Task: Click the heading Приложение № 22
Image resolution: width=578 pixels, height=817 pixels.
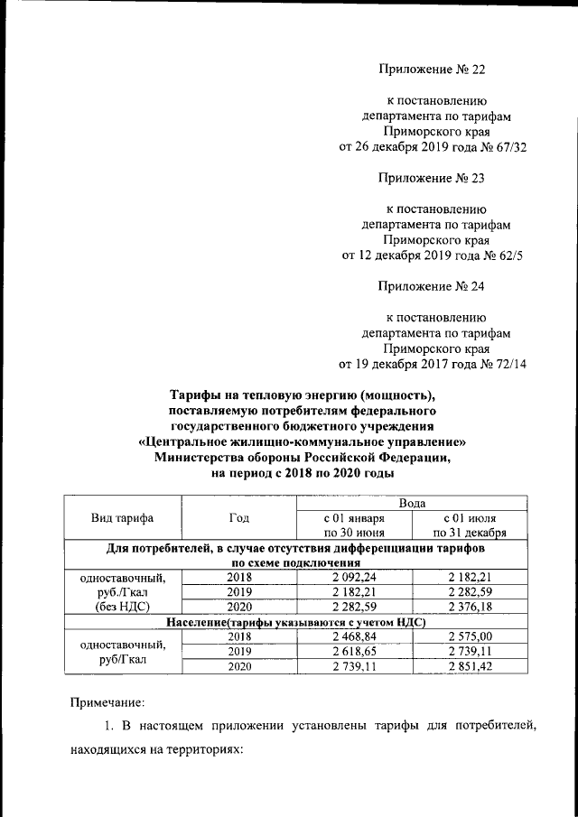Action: coord(432,68)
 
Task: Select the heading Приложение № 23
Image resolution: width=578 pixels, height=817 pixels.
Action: coord(432,178)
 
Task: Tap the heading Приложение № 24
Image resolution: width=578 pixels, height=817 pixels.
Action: coord(432,288)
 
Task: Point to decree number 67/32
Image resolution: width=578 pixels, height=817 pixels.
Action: coord(506,146)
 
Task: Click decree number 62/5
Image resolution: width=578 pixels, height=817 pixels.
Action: coord(507,255)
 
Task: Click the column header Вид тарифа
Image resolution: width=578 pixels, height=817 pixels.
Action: coord(123,518)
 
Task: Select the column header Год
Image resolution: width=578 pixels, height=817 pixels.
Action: coord(239,518)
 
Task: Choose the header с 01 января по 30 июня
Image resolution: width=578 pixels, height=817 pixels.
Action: coord(354,526)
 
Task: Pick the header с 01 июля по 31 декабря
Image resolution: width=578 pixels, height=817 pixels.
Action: coord(469,526)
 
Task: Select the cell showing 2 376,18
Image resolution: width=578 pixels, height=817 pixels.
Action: coord(469,607)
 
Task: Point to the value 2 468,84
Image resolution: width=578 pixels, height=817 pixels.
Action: coord(354,637)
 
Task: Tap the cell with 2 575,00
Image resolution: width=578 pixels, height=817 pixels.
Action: coord(469,637)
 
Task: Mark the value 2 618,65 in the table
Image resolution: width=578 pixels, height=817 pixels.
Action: coord(354,651)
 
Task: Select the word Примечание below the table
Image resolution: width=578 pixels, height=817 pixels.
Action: coord(107,701)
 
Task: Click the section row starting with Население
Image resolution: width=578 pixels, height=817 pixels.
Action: coord(296,622)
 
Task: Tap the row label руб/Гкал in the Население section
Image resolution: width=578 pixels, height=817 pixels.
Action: coord(123,659)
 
